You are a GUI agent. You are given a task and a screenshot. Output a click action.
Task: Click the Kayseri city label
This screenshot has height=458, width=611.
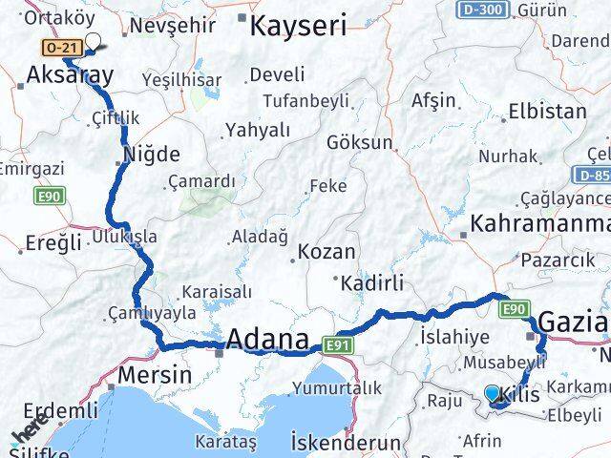(297, 26)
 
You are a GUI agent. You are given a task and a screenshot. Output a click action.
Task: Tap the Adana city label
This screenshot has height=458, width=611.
(267, 339)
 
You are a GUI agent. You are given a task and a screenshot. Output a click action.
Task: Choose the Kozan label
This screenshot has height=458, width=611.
(327, 253)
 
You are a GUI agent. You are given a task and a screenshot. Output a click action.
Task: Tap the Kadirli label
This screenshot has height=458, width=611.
(369, 282)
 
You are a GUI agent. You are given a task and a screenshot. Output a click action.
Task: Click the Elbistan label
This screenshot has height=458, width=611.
(547, 111)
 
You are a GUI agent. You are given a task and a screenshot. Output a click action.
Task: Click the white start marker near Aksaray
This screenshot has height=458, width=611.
(95, 41)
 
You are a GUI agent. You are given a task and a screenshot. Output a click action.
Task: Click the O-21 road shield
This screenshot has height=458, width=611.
(56, 46)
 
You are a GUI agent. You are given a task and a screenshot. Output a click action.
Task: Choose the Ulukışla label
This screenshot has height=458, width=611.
(125, 236)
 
